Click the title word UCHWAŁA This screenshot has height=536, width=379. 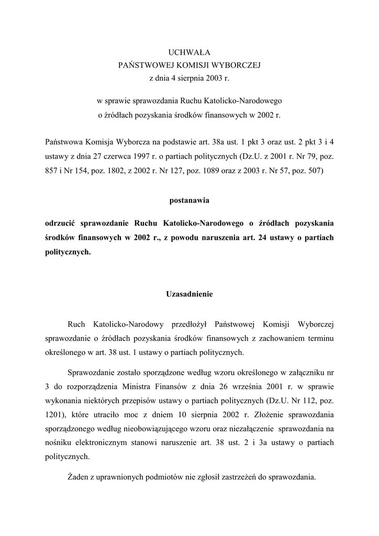click(189, 52)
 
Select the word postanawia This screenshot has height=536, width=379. click(189, 200)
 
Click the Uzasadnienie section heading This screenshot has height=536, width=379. click(189, 294)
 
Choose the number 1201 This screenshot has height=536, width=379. click(54, 414)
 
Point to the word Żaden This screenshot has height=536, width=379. click(79, 477)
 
